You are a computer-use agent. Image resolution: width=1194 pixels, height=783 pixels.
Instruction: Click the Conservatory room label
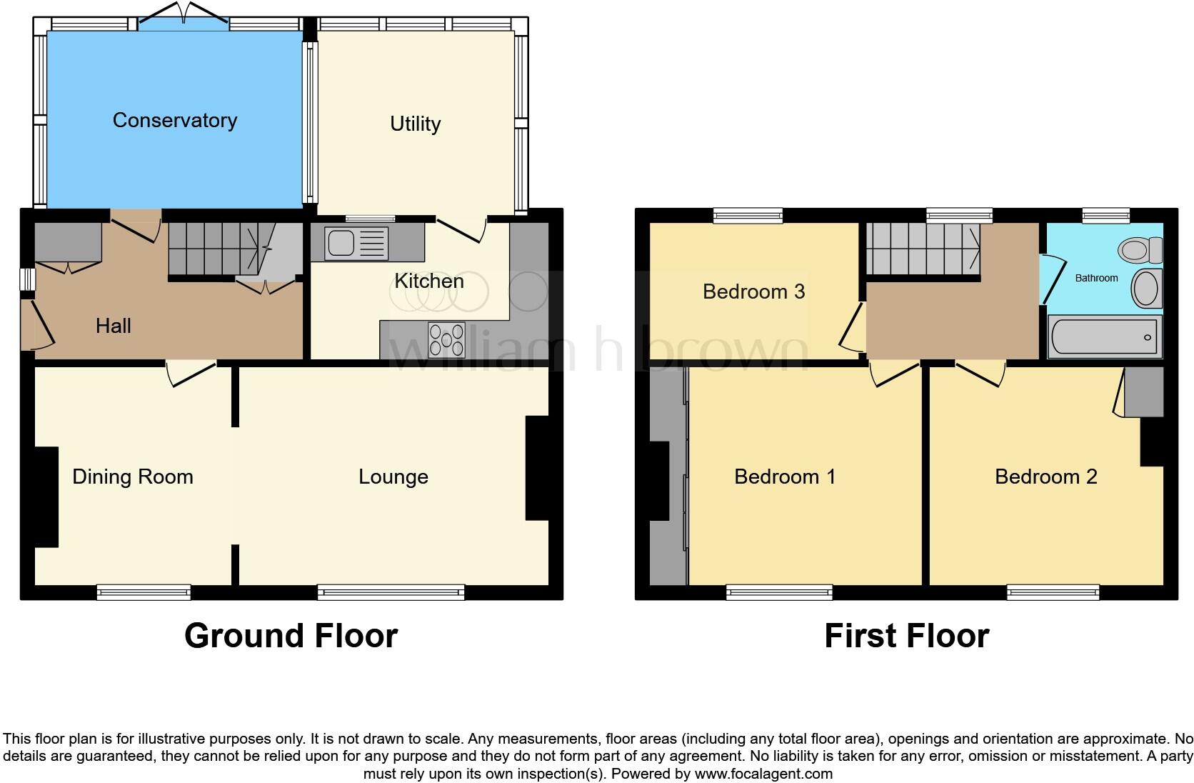click(x=175, y=120)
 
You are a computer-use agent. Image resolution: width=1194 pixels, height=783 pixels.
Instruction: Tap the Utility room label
click(x=415, y=124)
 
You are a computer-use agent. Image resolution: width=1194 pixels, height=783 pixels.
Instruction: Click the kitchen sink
click(x=356, y=243)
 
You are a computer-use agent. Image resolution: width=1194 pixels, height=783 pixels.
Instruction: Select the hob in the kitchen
click(x=446, y=340)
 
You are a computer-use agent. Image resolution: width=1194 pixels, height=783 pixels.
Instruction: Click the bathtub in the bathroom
click(x=1103, y=337)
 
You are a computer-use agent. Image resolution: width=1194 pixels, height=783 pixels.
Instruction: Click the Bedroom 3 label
click(x=753, y=291)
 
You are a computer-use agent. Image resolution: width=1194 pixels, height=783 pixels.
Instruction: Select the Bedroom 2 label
click(x=1045, y=477)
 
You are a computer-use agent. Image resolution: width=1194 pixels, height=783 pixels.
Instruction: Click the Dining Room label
click(x=133, y=477)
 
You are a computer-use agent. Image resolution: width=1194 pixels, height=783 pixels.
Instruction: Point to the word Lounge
click(x=393, y=477)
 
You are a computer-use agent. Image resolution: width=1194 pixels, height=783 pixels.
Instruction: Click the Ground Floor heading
click(x=291, y=636)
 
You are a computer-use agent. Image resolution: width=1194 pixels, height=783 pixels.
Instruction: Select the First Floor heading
click(x=906, y=636)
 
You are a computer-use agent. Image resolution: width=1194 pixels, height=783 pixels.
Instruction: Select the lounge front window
click(x=391, y=592)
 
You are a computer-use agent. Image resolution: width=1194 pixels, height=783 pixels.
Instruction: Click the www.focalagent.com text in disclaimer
click(x=763, y=774)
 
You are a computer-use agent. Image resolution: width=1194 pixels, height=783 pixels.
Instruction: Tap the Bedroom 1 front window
click(x=779, y=592)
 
